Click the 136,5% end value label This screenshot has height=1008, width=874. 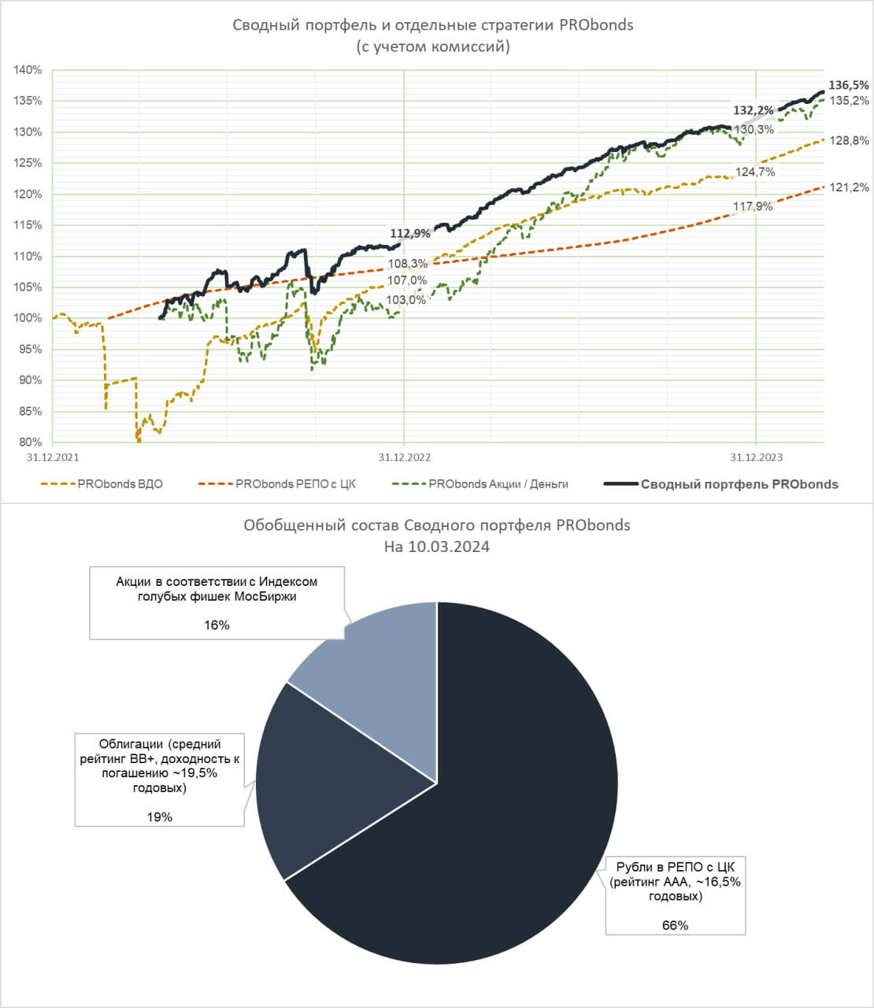point(849,85)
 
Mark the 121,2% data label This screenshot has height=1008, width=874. point(850,187)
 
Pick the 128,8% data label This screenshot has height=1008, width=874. point(850,141)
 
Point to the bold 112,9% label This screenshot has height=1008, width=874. point(410,233)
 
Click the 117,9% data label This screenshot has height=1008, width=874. point(753,207)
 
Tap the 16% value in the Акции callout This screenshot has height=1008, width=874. point(217,625)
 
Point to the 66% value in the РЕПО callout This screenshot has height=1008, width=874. point(675,925)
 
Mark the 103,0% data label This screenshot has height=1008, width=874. point(406,300)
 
